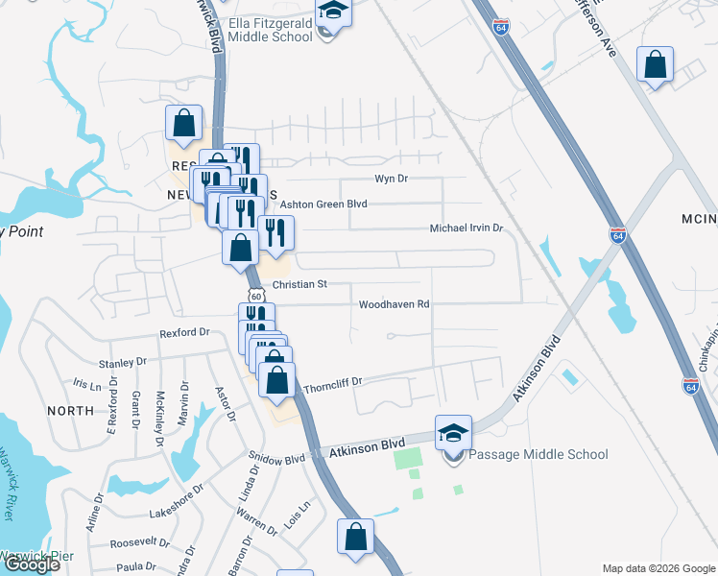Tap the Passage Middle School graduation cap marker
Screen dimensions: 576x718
pyautogui.click(x=454, y=434)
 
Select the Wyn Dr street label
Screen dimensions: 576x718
pyautogui.click(x=391, y=179)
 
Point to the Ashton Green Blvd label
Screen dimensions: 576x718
pyautogui.click(x=323, y=204)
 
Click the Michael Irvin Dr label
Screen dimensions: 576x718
pyautogui.click(x=466, y=228)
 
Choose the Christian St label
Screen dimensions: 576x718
pyautogui.click(x=299, y=284)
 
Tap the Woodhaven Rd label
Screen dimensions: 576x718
pyautogui.click(x=394, y=304)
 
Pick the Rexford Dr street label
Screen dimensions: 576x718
pyautogui.click(x=184, y=332)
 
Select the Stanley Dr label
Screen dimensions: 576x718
pyautogui.click(x=122, y=363)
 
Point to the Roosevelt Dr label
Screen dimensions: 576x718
pyautogui.click(x=138, y=542)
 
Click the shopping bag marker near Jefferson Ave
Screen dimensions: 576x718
pyautogui.click(x=656, y=65)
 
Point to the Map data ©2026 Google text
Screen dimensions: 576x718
pyautogui.click(x=658, y=568)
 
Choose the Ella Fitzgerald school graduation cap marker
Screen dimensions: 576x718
pyautogui.click(x=333, y=12)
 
